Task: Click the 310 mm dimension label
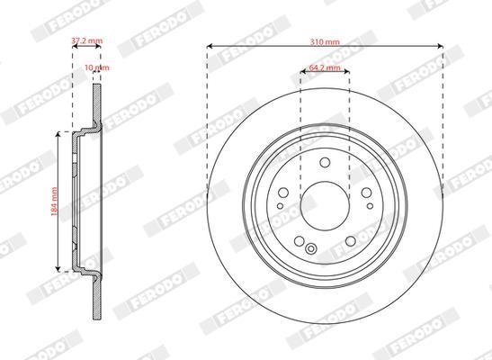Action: coord(325,41)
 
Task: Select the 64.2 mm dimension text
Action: coord(325,67)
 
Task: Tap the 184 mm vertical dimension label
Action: coord(54,202)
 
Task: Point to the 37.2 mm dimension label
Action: coord(87,40)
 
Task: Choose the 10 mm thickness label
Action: coord(97,67)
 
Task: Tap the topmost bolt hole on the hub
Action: coord(325,163)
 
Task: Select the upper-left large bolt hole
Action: coord(283,193)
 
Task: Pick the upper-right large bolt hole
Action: coord(366,193)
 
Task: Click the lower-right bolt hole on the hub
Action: coord(351,241)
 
